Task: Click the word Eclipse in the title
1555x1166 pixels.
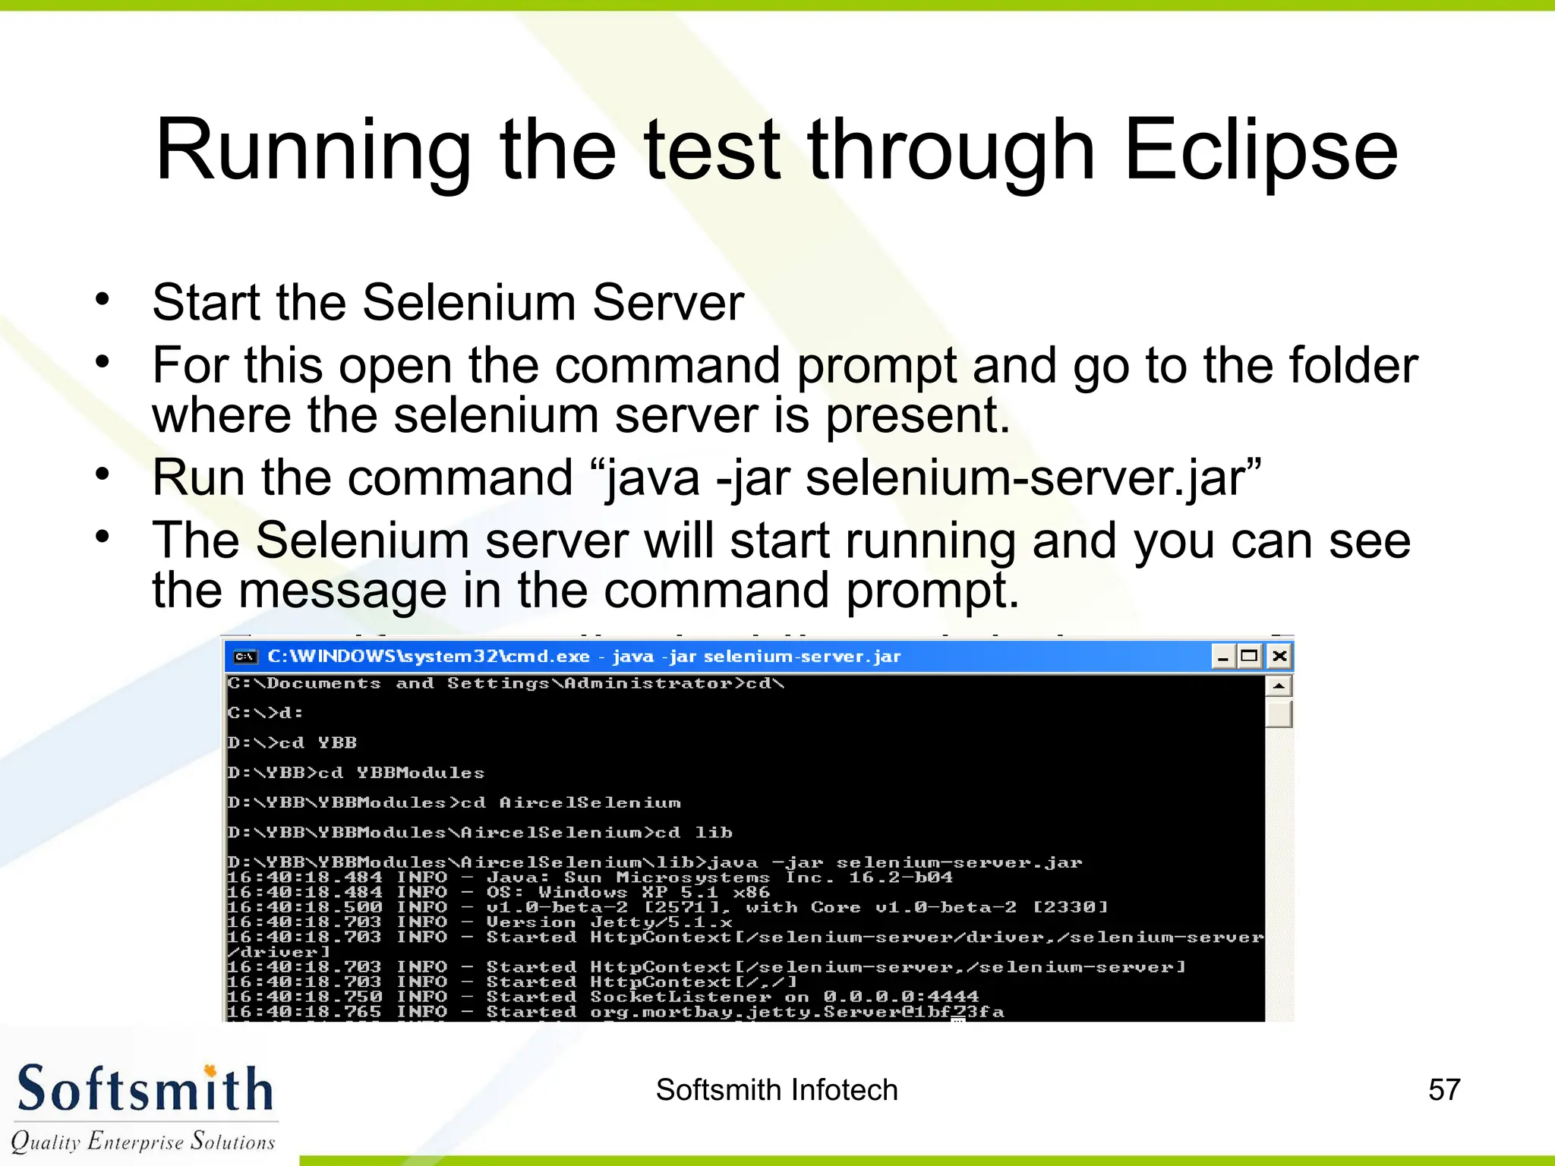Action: tap(1260, 152)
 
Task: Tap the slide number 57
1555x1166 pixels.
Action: tap(1443, 1090)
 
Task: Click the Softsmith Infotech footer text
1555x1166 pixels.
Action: tap(777, 1090)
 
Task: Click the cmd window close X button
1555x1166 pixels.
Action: tap(1279, 656)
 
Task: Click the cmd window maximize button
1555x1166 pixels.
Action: tap(1249, 656)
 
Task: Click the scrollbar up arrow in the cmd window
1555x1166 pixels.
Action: tap(1279, 686)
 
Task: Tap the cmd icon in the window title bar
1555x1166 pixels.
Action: tap(244, 657)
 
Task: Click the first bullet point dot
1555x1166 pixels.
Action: tap(103, 299)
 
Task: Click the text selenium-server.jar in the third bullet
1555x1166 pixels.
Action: tap(1024, 478)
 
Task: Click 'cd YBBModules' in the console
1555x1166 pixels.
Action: tap(401, 773)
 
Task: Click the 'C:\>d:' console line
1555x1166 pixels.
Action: tap(265, 713)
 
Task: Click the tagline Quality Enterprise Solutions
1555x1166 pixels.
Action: tap(143, 1141)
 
